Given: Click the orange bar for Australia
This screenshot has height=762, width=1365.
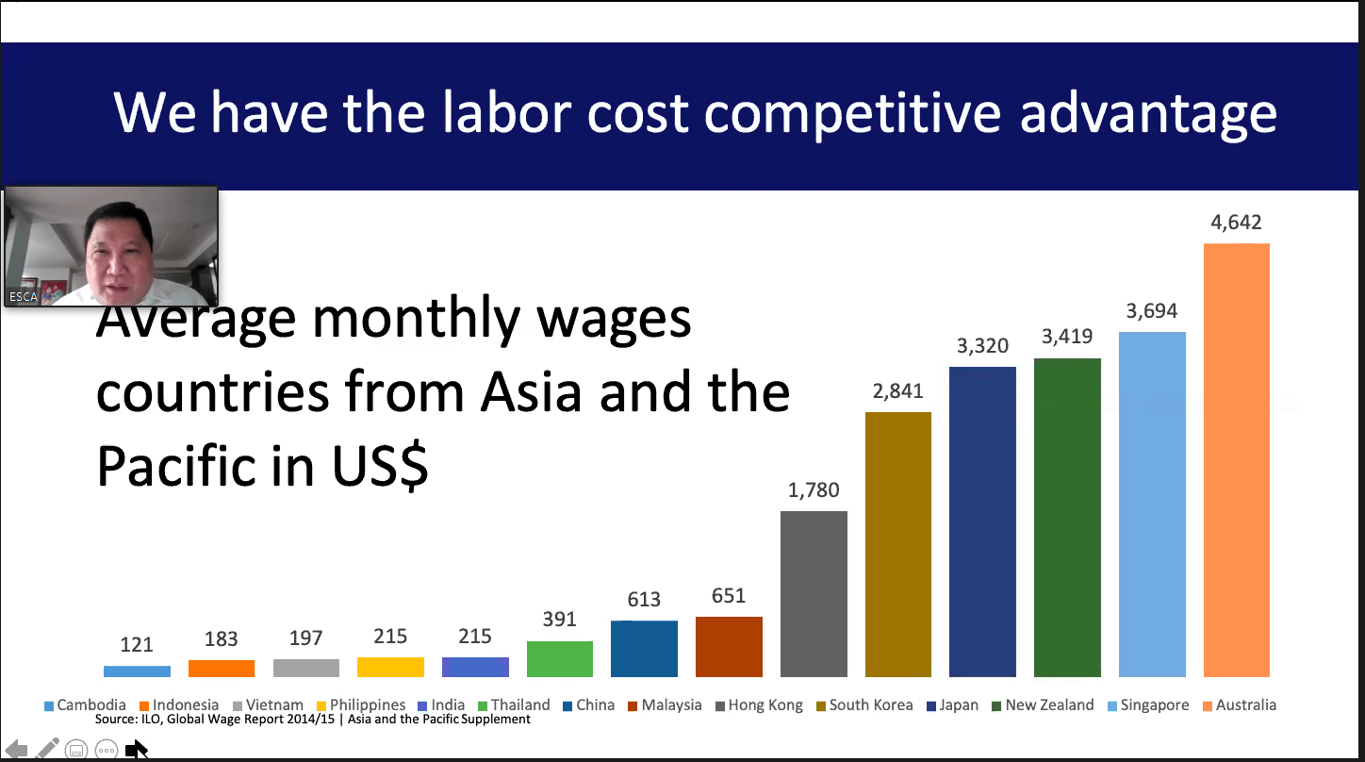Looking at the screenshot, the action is [1237, 459].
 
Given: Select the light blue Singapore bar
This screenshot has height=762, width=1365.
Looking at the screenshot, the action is [1152, 505].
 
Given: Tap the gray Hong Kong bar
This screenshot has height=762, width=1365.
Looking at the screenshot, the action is [814, 594].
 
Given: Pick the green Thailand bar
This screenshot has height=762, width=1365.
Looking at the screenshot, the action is [559, 658].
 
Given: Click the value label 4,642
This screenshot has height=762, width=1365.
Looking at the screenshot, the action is [1236, 223].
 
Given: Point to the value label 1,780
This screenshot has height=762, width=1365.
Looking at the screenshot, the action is [814, 490].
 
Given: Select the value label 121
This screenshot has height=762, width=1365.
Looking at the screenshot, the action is [137, 644].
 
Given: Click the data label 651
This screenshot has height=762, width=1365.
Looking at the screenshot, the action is [729, 596].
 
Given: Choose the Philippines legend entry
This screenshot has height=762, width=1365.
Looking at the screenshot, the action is [361, 705].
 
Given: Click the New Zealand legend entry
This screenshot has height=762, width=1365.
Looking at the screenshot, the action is [1044, 705].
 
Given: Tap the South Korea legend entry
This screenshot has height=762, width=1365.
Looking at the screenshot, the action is [864, 705].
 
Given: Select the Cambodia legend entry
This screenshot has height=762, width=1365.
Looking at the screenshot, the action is [85, 705].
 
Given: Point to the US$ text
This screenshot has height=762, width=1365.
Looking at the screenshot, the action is [380, 466].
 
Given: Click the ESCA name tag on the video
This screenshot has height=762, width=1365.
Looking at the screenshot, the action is [24, 297].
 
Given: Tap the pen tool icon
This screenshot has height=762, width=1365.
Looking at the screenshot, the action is [47, 748].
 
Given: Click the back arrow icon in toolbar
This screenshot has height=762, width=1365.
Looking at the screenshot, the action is [16, 749].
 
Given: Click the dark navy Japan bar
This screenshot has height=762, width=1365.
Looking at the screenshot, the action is [982, 522].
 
